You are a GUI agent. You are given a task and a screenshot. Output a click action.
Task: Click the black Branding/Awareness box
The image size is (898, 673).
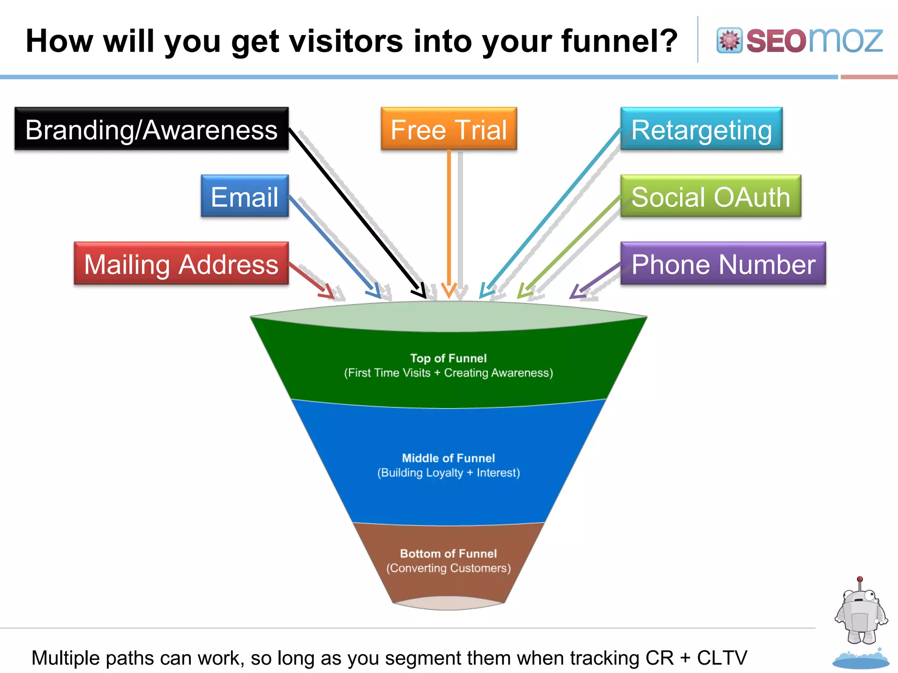coord(151,129)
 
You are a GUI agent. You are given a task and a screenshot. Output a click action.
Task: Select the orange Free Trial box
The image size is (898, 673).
coord(449,129)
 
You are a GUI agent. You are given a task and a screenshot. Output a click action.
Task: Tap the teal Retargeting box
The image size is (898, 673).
coord(701,129)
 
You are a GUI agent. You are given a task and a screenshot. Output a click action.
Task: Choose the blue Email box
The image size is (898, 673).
coord(244,196)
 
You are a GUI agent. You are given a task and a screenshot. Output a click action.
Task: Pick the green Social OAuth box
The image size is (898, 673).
coord(710,196)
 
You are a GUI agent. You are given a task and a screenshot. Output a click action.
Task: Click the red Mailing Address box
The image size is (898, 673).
coord(181,264)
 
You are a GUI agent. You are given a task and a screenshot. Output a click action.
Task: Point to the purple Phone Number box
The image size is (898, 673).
coord(723,264)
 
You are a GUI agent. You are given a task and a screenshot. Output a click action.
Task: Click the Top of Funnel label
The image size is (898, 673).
coord(448,358)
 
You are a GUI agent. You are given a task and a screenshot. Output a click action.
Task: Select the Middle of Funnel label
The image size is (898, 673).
coord(448,458)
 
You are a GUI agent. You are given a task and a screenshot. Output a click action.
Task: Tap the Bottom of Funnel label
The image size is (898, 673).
coord(448,553)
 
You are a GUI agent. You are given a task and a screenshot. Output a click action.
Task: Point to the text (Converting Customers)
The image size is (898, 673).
coord(448,568)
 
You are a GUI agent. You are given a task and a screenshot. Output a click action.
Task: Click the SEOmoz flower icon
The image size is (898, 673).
coord(729,41)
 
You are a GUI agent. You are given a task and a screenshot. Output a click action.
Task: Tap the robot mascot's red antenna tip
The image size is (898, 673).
coord(860,579)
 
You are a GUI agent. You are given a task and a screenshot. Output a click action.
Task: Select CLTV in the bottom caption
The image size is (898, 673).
coord(722,658)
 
